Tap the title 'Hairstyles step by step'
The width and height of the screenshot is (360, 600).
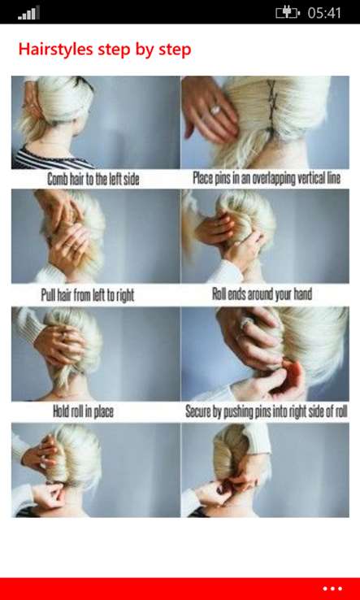tap(105, 50)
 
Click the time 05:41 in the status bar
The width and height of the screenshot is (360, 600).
tap(324, 13)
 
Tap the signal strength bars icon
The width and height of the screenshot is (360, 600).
tap(28, 13)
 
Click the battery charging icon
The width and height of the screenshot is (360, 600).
tap(288, 13)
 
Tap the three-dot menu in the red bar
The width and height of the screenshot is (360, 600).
tap(332, 589)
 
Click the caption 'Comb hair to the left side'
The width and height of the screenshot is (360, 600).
tap(93, 179)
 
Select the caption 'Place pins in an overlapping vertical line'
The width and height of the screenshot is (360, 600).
tap(267, 178)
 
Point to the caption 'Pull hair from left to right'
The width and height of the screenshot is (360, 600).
tap(88, 295)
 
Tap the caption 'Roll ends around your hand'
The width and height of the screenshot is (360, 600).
tap(262, 294)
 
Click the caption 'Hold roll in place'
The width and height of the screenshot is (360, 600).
tap(83, 411)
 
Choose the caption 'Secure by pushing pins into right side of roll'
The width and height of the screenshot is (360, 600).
tap(267, 411)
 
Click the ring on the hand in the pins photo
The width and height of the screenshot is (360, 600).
tap(215, 110)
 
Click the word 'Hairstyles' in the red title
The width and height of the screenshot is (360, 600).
tap(55, 50)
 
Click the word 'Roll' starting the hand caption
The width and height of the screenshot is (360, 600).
tap(219, 294)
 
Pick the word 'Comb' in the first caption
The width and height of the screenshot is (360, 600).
tap(57, 179)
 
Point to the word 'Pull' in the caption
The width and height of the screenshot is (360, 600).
tap(48, 295)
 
